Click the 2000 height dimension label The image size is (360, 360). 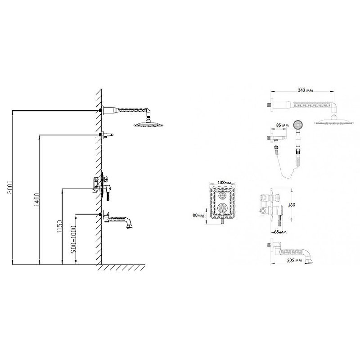[x=10, y=187]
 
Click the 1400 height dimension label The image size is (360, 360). [x=37, y=199]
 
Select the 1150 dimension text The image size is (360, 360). [x=60, y=226]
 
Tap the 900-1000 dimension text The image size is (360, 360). [x=73, y=239]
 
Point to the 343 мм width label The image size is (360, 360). [x=306, y=90]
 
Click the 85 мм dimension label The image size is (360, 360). [x=282, y=126]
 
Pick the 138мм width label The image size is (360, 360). [x=224, y=183]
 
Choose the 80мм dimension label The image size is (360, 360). [x=198, y=215]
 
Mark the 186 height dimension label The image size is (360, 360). [x=291, y=205]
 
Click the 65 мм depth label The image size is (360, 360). [x=280, y=232]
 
